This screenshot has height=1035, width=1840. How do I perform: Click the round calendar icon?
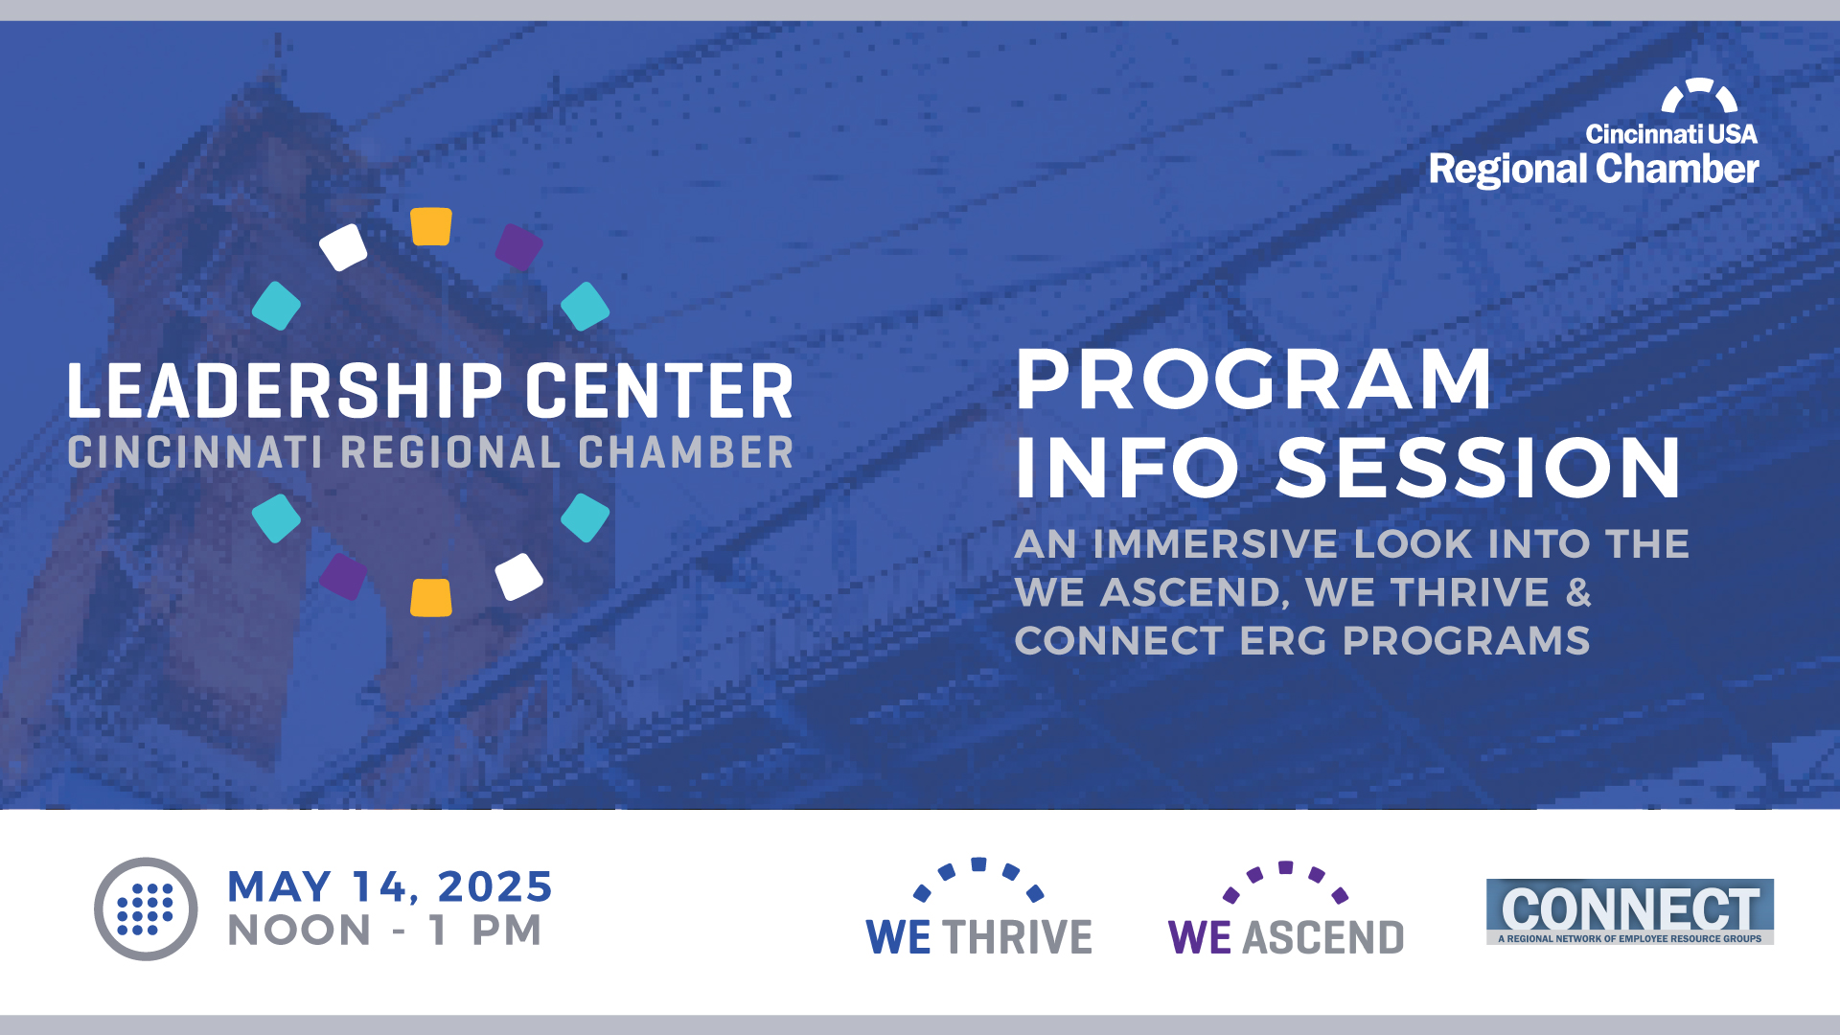click(x=146, y=908)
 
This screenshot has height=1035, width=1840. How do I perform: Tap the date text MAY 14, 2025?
click(x=390, y=886)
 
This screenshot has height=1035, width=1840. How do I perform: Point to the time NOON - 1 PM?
click(x=384, y=931)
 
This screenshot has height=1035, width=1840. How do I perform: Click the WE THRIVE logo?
click(x=978, y=908)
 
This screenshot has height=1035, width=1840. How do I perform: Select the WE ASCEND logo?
click(x=1285, y=909)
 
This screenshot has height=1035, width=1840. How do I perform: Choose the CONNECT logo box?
click(x=1629, y=911)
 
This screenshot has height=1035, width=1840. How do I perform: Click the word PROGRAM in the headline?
click(x=1253, y=379)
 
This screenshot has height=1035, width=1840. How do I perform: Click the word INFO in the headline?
click(x=1127, y=468)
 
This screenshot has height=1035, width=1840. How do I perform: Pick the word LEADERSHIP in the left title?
click(x=285, y=391)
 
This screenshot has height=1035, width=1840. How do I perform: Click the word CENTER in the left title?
click(x=659, y=391)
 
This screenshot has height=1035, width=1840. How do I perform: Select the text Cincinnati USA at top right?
click(x=1671, y=134)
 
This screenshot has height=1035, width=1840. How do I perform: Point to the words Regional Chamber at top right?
click(x=1594, y=170)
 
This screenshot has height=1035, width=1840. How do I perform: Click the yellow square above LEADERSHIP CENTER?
click(x=431, y=226)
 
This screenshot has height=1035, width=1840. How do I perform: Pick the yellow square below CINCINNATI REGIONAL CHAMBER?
click(x=431, y=597)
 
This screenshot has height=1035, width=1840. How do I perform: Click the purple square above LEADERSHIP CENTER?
click(x=519, y=247)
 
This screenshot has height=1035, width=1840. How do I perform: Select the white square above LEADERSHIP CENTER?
click(x=343, y=247)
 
